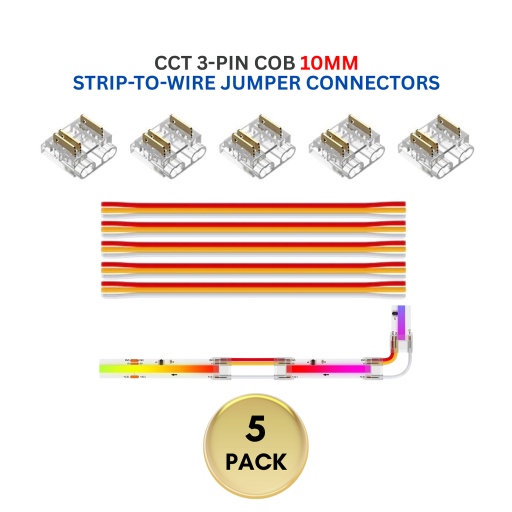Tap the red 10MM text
(x=329, y=63)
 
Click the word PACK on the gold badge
(x=256, y=462)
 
